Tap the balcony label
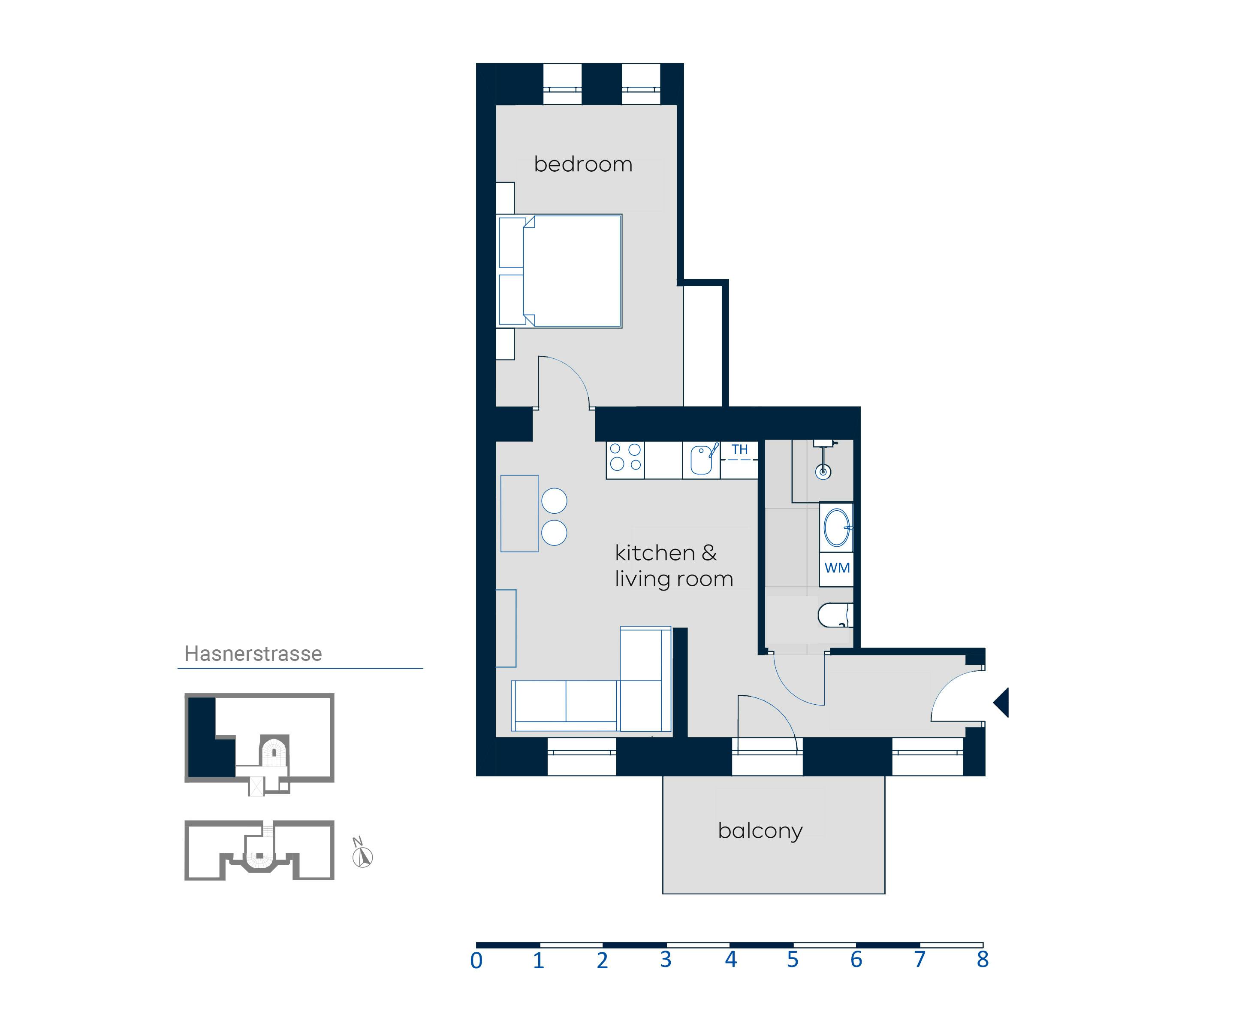760,831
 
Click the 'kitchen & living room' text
673,566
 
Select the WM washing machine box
836,568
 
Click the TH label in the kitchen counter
739,450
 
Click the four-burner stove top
625,457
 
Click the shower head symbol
823,471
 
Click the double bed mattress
571,271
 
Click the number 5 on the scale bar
792,960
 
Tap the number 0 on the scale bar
476,961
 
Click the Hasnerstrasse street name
253,654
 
